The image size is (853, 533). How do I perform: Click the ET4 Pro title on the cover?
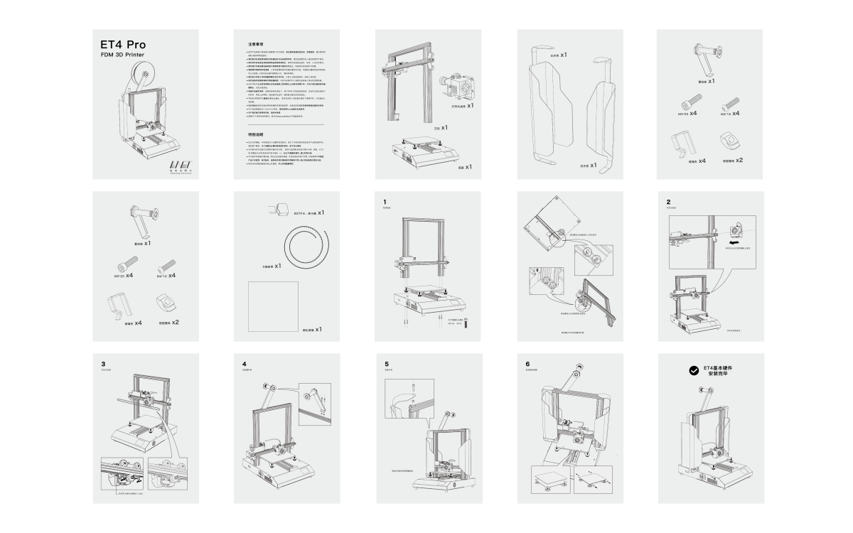(x=123, y=45)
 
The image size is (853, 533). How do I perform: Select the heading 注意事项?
(x=257, y=44)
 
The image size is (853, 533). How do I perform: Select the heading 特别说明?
(x=255, y=134)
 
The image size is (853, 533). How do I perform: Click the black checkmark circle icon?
(x=693, y=370)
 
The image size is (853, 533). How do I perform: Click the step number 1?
(x=385, y=202)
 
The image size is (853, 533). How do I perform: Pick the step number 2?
(x=668, y=202)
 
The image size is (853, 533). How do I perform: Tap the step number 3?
(x=104, y=364)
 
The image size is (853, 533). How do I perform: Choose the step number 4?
(x=245, y=364)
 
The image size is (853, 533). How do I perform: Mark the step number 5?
(x=387, y=364)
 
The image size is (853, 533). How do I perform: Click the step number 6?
(x=527, y=364)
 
